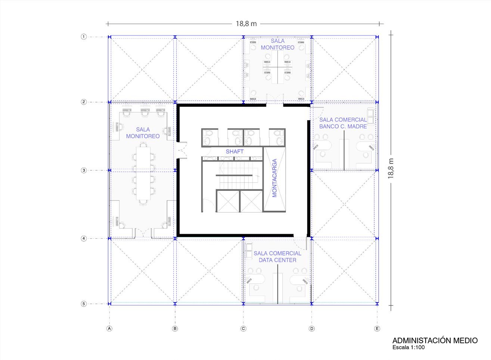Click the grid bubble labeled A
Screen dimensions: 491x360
109,328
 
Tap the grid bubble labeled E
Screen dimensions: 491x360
377,328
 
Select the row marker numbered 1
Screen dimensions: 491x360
84,37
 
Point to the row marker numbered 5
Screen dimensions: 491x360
84,304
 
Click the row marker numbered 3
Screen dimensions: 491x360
84,170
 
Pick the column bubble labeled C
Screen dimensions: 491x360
243,328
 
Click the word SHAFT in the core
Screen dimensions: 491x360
234,152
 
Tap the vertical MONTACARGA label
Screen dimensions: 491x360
274,178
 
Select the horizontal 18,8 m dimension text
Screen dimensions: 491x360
246,24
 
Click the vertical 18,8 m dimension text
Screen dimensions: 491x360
391,168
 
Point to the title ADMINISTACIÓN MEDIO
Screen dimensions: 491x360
435,341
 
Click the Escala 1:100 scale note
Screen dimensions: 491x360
408,347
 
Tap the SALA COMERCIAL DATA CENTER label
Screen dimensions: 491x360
277,257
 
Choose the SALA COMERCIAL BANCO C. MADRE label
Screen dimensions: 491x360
343,123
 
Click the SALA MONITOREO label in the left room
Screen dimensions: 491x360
143,133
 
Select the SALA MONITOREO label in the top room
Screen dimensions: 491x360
277,44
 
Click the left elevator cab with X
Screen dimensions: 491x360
227,201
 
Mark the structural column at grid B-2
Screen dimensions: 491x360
175,102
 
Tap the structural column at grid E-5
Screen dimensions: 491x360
377,304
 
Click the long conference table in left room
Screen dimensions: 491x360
143,173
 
